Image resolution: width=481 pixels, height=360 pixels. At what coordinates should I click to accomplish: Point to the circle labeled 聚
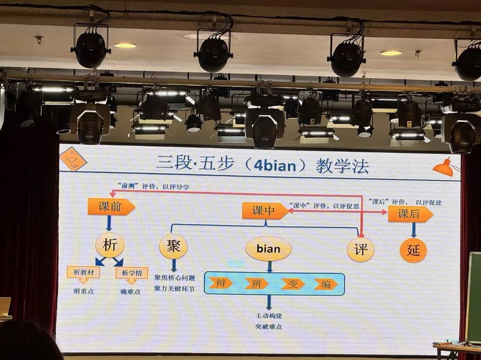click(x=173, y=246)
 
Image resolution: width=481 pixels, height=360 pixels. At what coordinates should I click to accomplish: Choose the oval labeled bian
click(x=268, y=248)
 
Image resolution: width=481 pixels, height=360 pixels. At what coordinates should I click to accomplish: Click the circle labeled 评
click(x=361, y=248)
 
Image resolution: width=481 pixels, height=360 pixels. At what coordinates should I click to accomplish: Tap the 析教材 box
click(x=83, y=272)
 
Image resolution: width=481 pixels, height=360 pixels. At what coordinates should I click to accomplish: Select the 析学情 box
click(x=132, y=272)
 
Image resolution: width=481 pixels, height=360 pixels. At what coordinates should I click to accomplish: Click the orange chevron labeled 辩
click(x=221, y=283)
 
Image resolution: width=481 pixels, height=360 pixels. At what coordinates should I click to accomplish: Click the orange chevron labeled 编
click(x=325, y=284)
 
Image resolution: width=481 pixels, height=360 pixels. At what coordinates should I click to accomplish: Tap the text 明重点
click(x=84, y=291)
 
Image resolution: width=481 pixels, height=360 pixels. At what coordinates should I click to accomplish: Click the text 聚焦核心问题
click(x=174, y=278)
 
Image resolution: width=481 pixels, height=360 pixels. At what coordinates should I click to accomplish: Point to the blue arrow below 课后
click(x=413, y=230)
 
